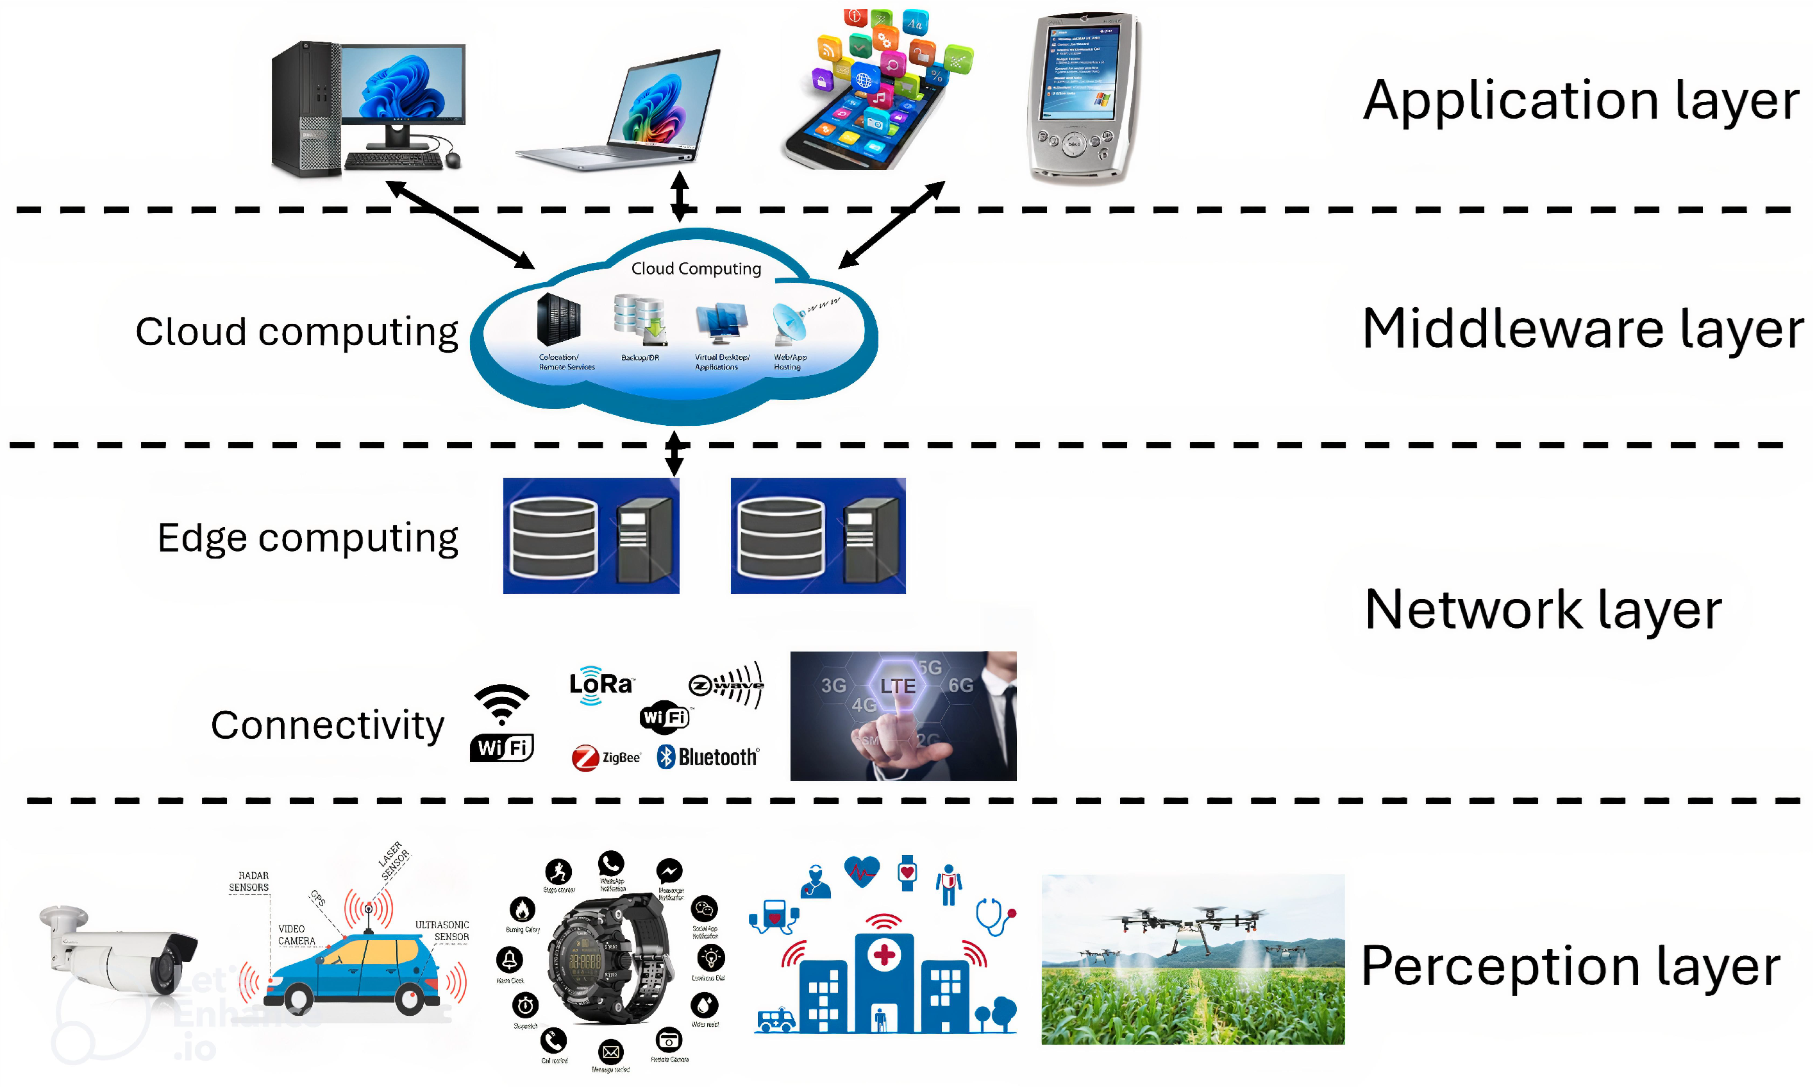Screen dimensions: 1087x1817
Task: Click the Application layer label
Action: point(1580,101)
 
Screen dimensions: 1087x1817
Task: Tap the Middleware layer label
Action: point(1581,330)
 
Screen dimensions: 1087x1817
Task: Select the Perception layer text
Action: point(1570,967)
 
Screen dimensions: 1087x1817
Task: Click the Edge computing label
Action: point(308,539)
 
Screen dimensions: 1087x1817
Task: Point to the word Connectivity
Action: point(327,726)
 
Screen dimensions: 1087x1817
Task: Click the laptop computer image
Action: point(623,110)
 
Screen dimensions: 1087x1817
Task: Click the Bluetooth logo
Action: point(708,757)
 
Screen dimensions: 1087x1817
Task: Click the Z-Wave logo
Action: point(727,686)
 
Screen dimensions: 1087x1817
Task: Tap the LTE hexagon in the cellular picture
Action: point(898,686)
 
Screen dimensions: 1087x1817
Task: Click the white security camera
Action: point(117,952)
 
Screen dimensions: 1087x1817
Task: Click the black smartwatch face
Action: point(585,959)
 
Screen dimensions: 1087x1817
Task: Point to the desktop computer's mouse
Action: point(453,160)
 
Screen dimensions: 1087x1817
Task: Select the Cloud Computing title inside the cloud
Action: point(696,269)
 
